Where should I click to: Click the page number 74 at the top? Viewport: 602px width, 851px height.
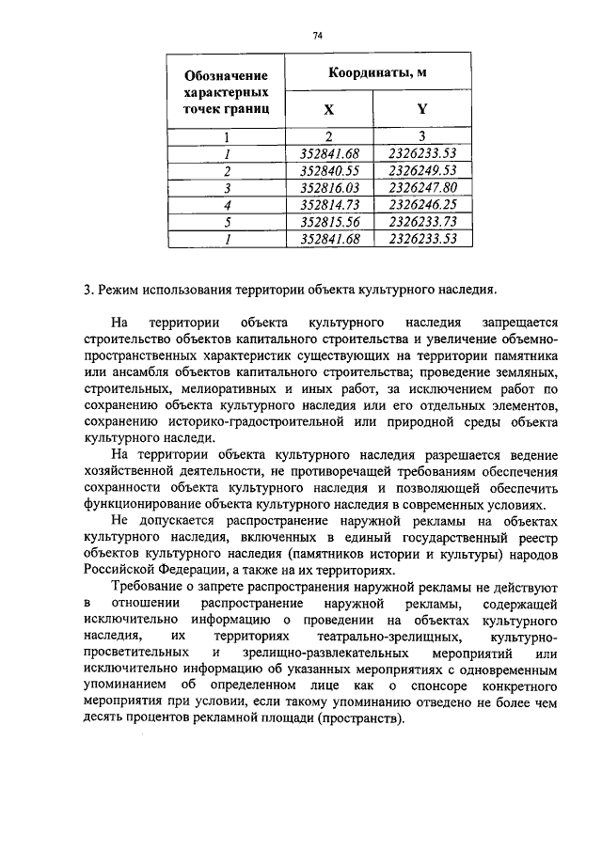click(x=317, y=35)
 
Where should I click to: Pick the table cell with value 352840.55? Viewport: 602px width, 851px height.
click(x=330, y=171)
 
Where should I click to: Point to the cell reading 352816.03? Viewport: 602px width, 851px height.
click(x=330, y=188)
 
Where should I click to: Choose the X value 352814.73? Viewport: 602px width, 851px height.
click(x=330, y=205)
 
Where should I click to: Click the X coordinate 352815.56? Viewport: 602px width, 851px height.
click(x=330, y=222)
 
